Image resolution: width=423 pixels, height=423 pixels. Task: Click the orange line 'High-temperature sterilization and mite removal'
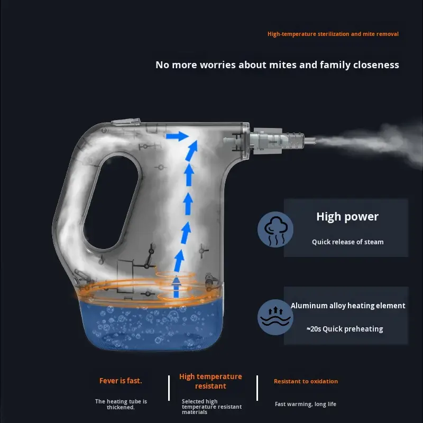[333, 34]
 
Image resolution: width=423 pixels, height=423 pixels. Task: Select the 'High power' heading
[347, 217]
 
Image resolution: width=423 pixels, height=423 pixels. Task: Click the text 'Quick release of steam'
[348, 242]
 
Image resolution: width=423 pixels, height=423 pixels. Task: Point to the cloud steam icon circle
[275, 229]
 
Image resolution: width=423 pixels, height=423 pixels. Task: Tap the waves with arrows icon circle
[275, 317]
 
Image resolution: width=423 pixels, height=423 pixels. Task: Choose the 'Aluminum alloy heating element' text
[348, 306]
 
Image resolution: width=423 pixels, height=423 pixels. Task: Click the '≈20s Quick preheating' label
[345, 329]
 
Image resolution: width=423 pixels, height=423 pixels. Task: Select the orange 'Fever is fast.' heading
[121, 381]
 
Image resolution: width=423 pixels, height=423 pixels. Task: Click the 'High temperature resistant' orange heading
[210, 381]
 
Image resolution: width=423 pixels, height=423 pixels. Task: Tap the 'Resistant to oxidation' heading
[306, 381]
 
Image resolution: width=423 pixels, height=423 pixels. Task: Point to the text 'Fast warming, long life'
[306, 404]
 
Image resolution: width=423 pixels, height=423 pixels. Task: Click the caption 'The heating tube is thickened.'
[121, 404]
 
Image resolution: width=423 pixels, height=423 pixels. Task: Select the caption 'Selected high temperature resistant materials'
[212, 407]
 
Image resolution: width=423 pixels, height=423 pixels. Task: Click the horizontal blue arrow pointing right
[177, 136]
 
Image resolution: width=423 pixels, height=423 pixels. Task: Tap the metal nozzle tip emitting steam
[310, 141]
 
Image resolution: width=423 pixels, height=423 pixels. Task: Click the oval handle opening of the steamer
[111, 203]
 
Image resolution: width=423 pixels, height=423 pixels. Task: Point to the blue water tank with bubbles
[151, 325]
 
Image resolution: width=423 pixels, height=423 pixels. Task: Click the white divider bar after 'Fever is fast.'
[169, 388]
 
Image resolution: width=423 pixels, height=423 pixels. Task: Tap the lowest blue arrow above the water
[176, 287]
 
